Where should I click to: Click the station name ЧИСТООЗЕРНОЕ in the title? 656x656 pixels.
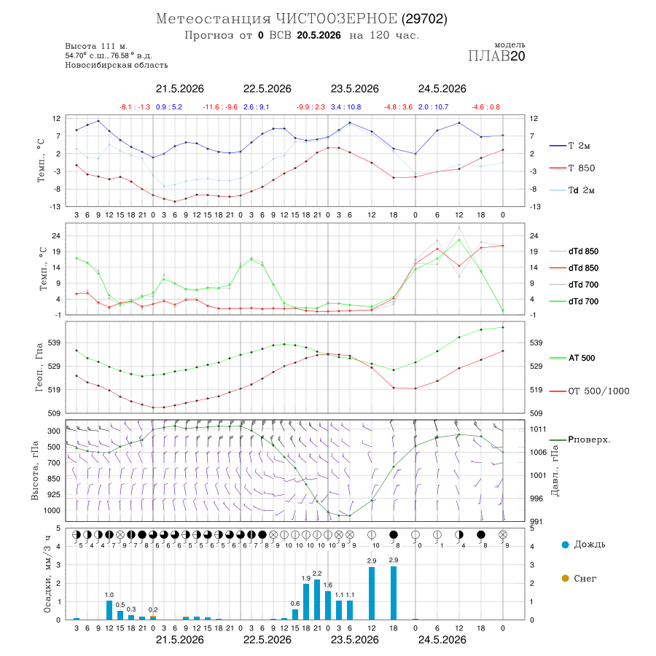pyautogui.click(x=336, y=19)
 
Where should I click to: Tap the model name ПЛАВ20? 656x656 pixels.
pyautogui.click(x=496, y=56)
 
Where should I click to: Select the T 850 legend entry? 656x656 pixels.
pyautogui.click(x=572, y=168)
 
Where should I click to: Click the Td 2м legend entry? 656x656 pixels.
pyautogui.click(x=572, y=190)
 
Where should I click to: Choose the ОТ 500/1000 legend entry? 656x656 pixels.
pyautogui.click(x=589, y=391)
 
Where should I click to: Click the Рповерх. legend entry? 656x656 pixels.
pyautogui.click(x=579, y=440)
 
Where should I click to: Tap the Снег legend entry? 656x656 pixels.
pyautogui.click(x=579, y=579)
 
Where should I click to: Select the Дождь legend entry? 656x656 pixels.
pyautogui.click(x=583, y=544)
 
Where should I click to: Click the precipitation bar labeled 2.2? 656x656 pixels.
pyautogui.click(x=317, y=600)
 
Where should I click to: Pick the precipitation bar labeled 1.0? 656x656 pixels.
pyautogui.click(x=109, y=610)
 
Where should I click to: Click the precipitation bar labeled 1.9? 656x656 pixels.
pyautogui.click(x=306, y=602)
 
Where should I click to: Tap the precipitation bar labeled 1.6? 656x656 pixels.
pyautogui.click(x=328, y=606)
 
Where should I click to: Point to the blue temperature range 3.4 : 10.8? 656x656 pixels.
pyautogui.click(x=346, y=107)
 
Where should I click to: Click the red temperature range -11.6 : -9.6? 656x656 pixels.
pyautogui.click(x=220, y=107)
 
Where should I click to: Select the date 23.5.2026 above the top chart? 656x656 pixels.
pyautogui.click(x=355, y=89)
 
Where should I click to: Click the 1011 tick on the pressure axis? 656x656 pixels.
pyautogui.click(x=538, y=429)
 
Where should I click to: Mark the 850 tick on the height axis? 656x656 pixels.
pyautogui.click(x=53, y=479)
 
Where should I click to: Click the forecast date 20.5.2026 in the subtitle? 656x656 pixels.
pyautogui.click(x=319, y=36)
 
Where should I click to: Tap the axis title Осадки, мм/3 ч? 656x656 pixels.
pyautogui.click(x=47, y=574)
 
